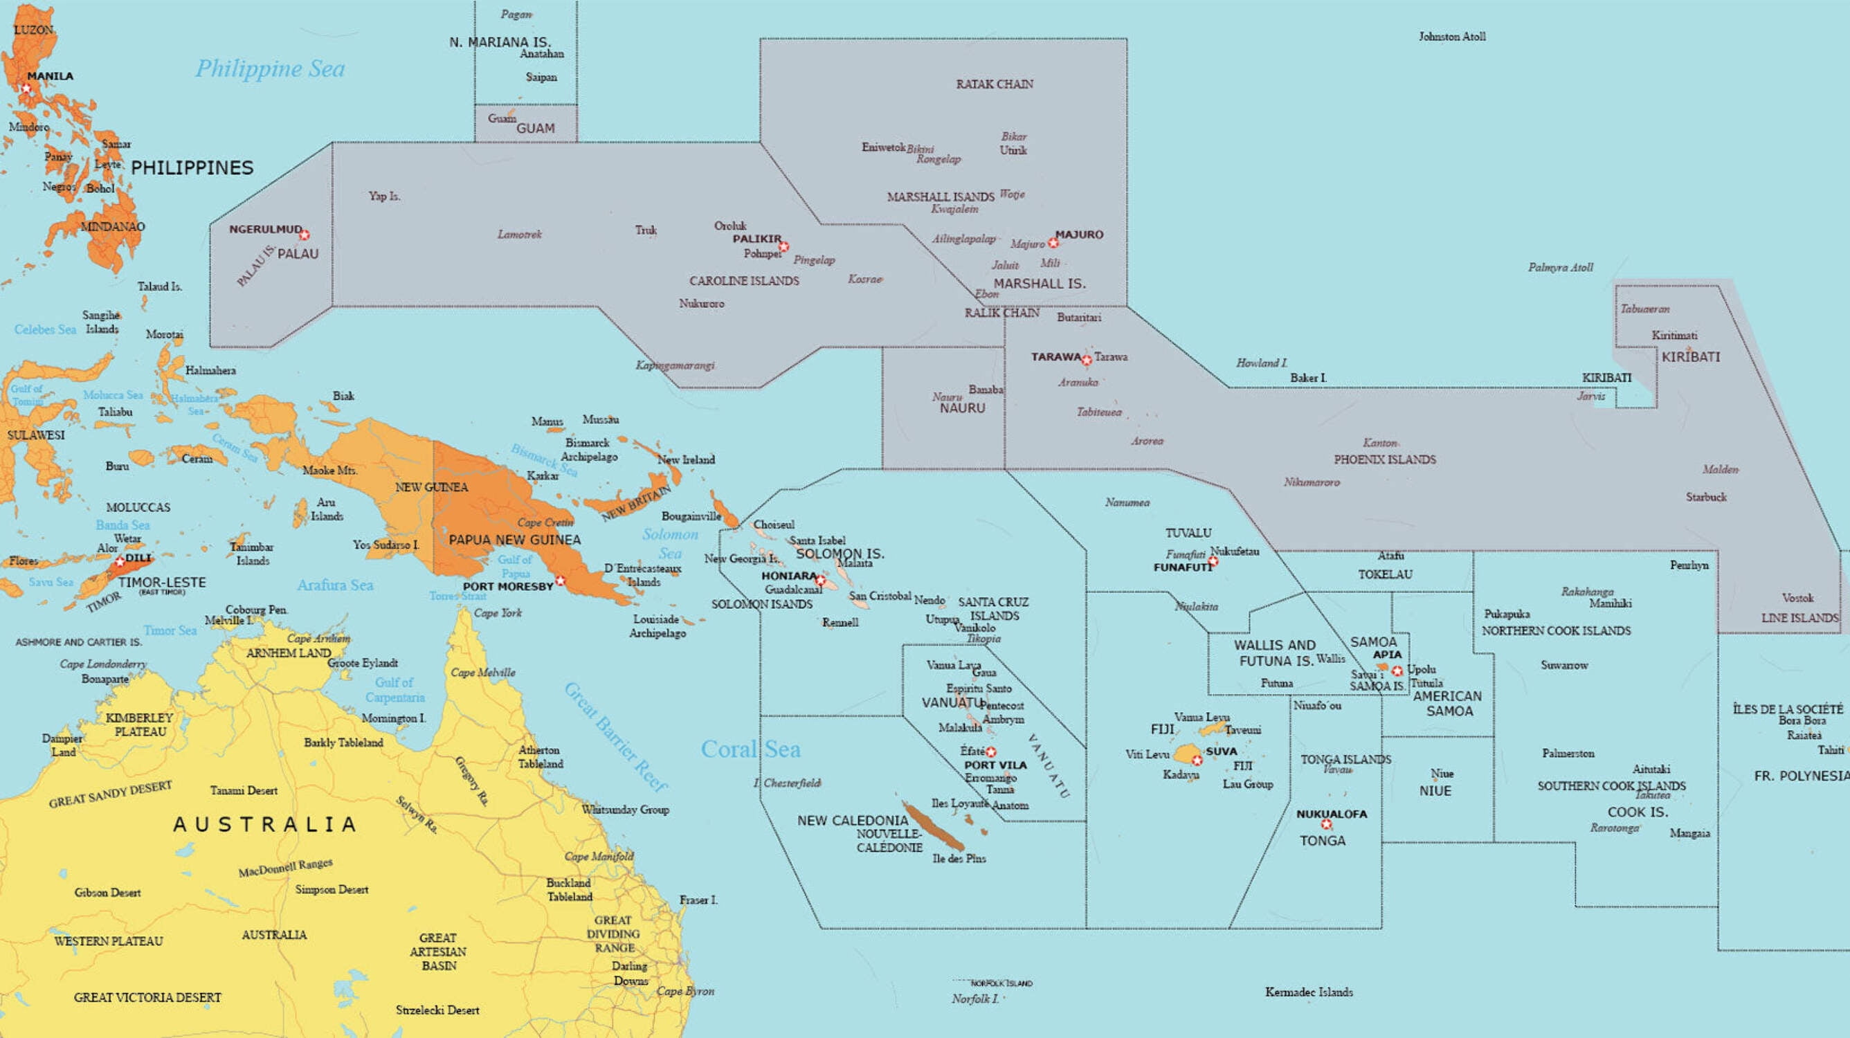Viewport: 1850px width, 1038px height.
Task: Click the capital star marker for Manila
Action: [x=26, y=89]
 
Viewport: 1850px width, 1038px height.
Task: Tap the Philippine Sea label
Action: [x=270, y=69]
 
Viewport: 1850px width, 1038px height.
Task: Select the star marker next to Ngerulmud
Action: [x=305, y=235]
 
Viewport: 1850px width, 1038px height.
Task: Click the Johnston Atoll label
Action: [x=1451, y=37]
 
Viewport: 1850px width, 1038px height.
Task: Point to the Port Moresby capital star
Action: [x=560, y=580]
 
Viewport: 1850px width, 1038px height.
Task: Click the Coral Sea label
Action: [x=750, y=749]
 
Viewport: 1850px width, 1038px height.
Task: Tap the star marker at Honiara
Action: [x=821, y=580]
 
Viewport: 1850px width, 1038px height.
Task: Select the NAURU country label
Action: [x=962, y=408]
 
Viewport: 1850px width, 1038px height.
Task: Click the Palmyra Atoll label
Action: [x=1560, y=268]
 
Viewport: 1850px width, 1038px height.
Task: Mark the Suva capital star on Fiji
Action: [x=1197, y=760]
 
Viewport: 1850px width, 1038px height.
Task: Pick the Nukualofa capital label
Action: [x=1332, y=814]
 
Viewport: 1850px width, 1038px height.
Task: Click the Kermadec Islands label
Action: [x=1309, y=992]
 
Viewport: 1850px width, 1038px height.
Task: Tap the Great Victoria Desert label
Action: [x=147, y=997]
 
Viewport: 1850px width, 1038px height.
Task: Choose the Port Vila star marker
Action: [x=991, y=752]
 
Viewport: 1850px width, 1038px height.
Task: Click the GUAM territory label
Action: [x=535, y=129]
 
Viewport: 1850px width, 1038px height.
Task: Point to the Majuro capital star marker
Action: [x=1053, y=243]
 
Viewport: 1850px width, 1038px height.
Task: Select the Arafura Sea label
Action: [x=335, y=585]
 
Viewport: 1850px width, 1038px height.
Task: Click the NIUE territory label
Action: [x=1435, y=791]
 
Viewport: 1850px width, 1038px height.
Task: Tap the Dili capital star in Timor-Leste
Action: [x=120, y=561]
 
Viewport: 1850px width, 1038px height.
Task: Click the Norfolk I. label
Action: [x=974, y=999]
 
